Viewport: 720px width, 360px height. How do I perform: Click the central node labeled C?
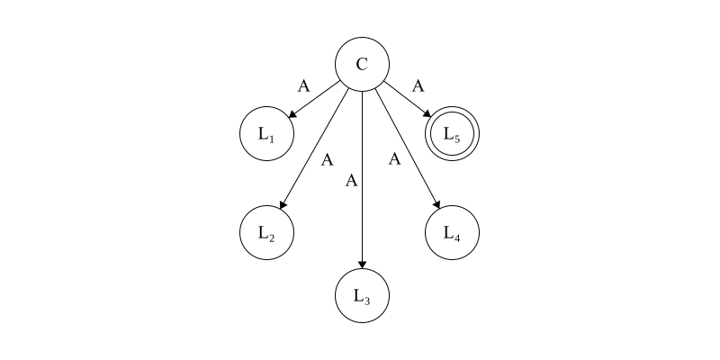click(x=362, y=65)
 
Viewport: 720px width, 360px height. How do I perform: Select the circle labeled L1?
click(x=266, y=135)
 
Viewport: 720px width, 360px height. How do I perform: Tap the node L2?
click(x=266, y=233)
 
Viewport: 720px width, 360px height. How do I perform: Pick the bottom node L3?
click(x=362, y=295)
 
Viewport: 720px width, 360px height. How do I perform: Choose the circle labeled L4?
click(x=452, y=233)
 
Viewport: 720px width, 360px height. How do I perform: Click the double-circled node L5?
click(x=452, y=135)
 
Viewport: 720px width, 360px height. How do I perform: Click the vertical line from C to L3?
click(x=362, y=180)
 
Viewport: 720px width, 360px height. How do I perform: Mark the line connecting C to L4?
click(x=407, y=148)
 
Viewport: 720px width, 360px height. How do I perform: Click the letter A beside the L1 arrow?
click(x=304, y=86)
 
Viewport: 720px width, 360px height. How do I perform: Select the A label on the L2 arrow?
click(x=328, y=160)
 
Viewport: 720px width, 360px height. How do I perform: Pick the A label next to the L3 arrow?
click(x=352, y=181)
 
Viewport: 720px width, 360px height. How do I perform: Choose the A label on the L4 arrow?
click(x=394, y=160)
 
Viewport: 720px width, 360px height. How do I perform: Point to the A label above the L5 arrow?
click(x=418, y=86)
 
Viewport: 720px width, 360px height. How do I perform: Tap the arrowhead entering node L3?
click(x=362, y=263)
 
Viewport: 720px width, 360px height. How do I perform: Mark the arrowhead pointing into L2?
click(x=284, y=206)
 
